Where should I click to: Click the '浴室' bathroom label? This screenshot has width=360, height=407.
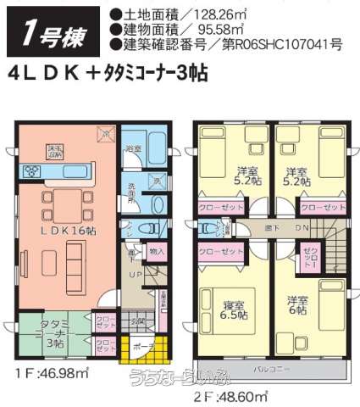coord(133,149)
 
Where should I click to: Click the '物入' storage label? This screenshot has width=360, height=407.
coord(157,252)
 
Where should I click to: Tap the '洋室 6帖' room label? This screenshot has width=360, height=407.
coord(296,305)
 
